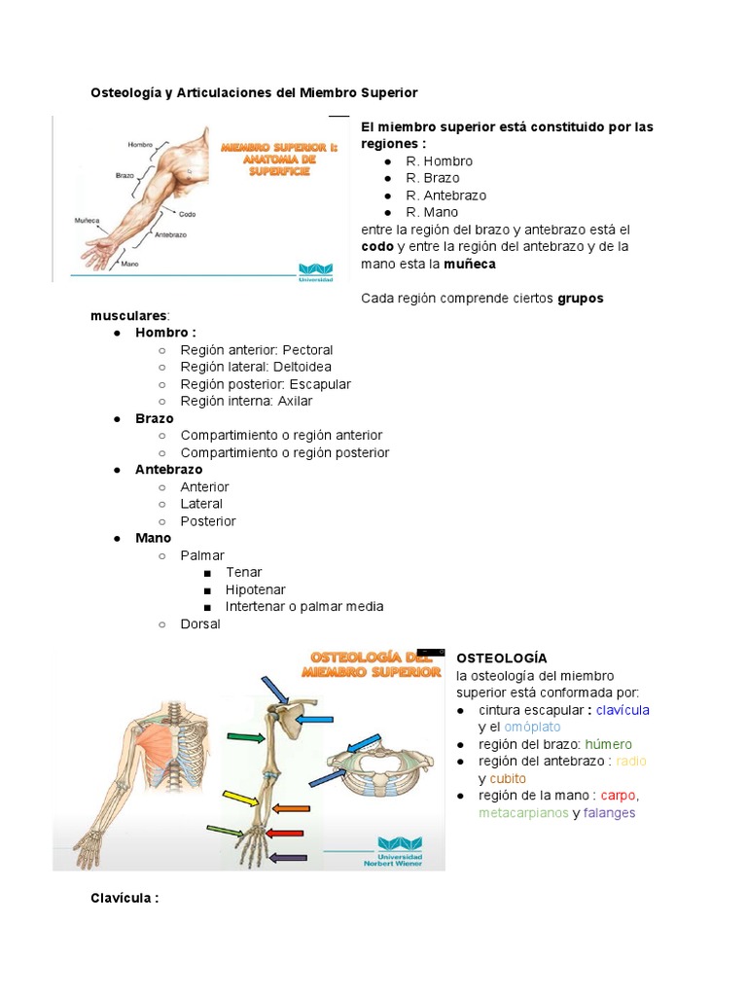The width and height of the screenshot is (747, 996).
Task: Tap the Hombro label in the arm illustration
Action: click(141, 145)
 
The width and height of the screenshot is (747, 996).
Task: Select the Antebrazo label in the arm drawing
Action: click(170, 234)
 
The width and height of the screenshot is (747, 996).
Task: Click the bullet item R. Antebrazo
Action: click(446, 196)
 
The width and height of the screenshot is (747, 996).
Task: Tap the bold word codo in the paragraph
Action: click(377, 247)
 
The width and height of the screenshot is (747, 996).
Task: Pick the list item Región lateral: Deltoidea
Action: click(256, 367)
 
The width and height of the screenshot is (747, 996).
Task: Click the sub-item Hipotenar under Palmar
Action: click(256, 589)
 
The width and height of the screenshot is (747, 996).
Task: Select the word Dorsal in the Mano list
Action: click(200, 623)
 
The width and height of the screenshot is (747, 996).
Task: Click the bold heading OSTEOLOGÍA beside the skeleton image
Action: click(502, 658)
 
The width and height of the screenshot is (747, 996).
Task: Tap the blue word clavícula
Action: click(622, 710)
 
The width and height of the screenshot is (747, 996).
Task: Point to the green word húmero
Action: click(608, 744)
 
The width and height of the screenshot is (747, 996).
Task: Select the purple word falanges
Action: click(609, 813)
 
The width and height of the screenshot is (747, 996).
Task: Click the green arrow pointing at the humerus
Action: click(244, 737)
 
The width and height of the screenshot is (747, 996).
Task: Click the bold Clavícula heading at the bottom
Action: click(124, 898)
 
